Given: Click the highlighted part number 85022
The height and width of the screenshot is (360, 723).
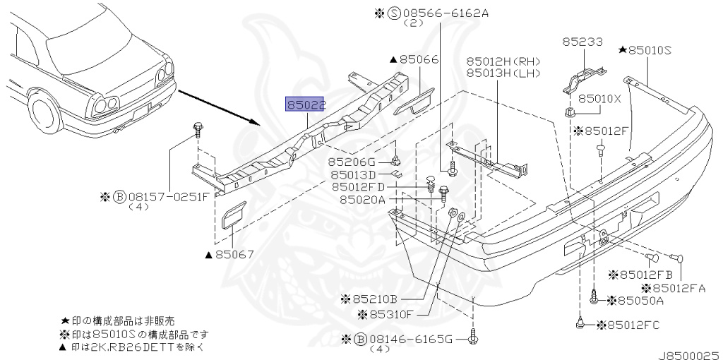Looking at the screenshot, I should [x=306, y=105].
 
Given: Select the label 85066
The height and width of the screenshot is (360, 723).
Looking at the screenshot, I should [x=420, y=61].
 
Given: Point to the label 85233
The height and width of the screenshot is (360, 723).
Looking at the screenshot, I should [x=582, y=42].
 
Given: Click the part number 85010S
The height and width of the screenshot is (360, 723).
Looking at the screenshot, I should [x=649, y=50].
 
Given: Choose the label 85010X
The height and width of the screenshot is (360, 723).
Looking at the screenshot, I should [x=599, y=99].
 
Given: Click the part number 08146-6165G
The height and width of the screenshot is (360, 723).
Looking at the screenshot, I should [x=407, y=340].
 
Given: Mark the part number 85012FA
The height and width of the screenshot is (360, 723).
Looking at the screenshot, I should [x=677, y=287].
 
